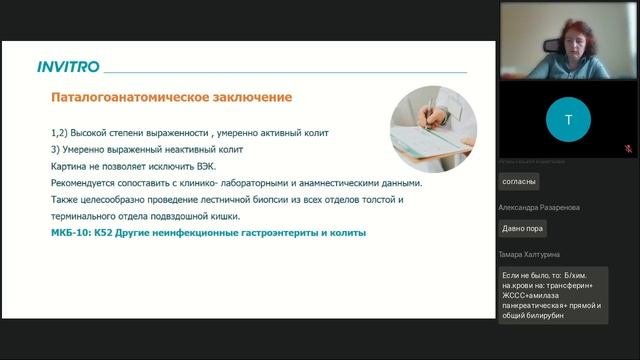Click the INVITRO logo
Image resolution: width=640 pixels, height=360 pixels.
68,67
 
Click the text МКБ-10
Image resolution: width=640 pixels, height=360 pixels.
69,233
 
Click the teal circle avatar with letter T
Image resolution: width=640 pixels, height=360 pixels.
569,119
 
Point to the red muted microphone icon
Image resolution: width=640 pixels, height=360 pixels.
628,148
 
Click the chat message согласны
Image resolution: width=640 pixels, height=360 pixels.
519,181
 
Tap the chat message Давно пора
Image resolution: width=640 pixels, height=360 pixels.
523,228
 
